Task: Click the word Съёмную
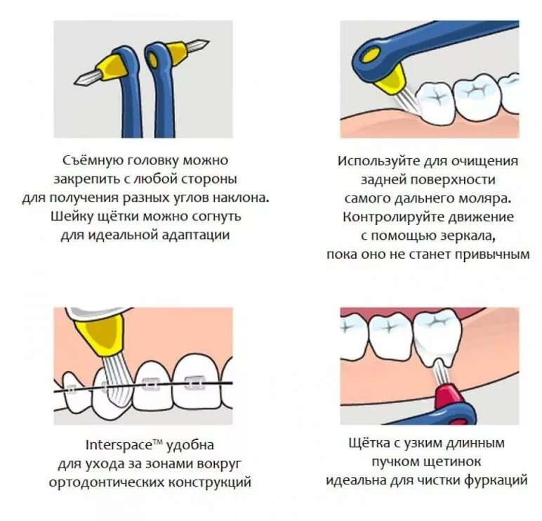tap(86, 161)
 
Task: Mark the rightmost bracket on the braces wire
tap(191, 384)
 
